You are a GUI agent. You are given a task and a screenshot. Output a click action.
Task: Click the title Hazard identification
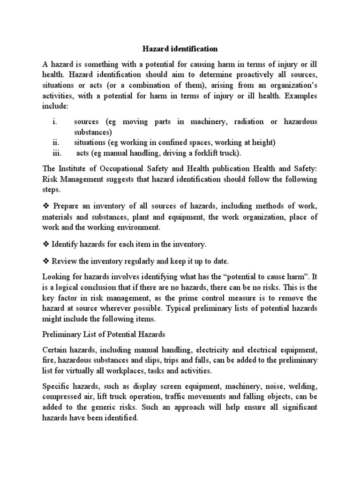pos(180,48)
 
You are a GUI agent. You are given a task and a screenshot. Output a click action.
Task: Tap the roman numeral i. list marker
pos(55,122)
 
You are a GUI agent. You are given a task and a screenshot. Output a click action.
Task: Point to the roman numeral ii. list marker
pos(55,142)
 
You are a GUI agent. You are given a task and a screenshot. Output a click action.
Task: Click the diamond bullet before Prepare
pos(46,207)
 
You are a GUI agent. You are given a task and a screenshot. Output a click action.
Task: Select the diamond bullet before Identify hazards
pos(46,244)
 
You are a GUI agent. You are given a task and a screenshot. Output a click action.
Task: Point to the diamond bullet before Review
pos(46,261)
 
